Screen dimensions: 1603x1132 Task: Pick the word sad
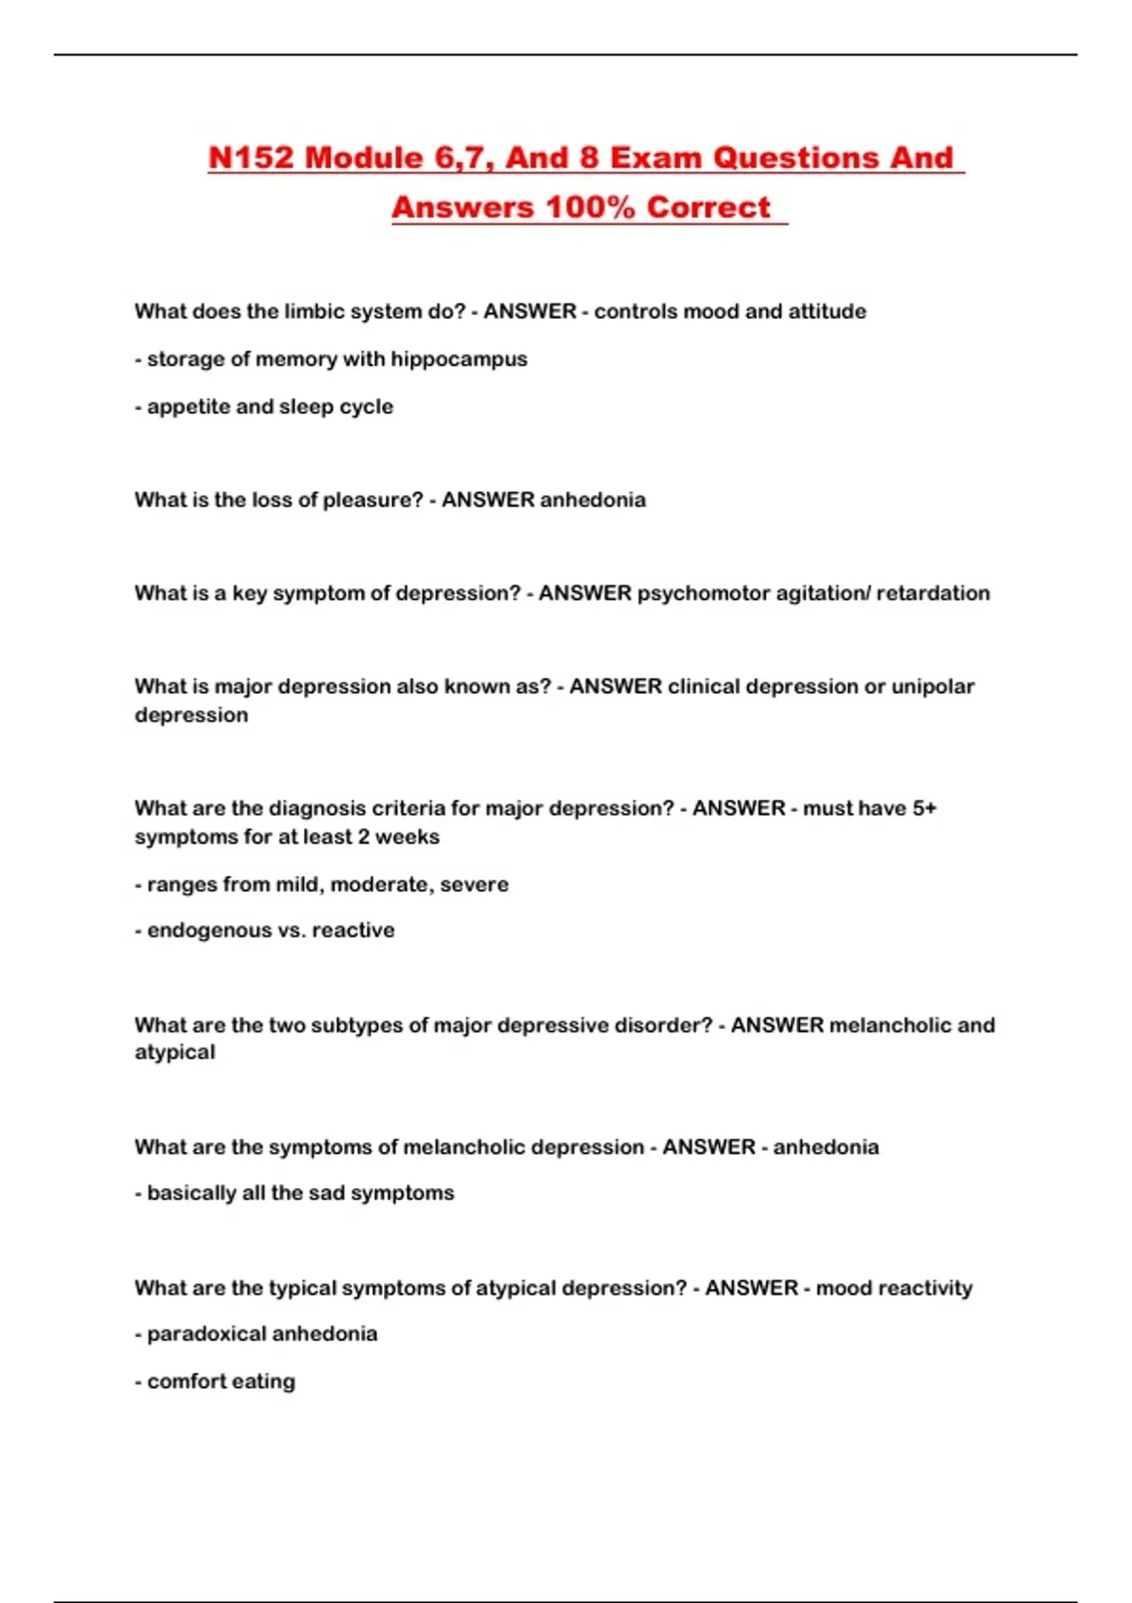(326, 1193)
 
